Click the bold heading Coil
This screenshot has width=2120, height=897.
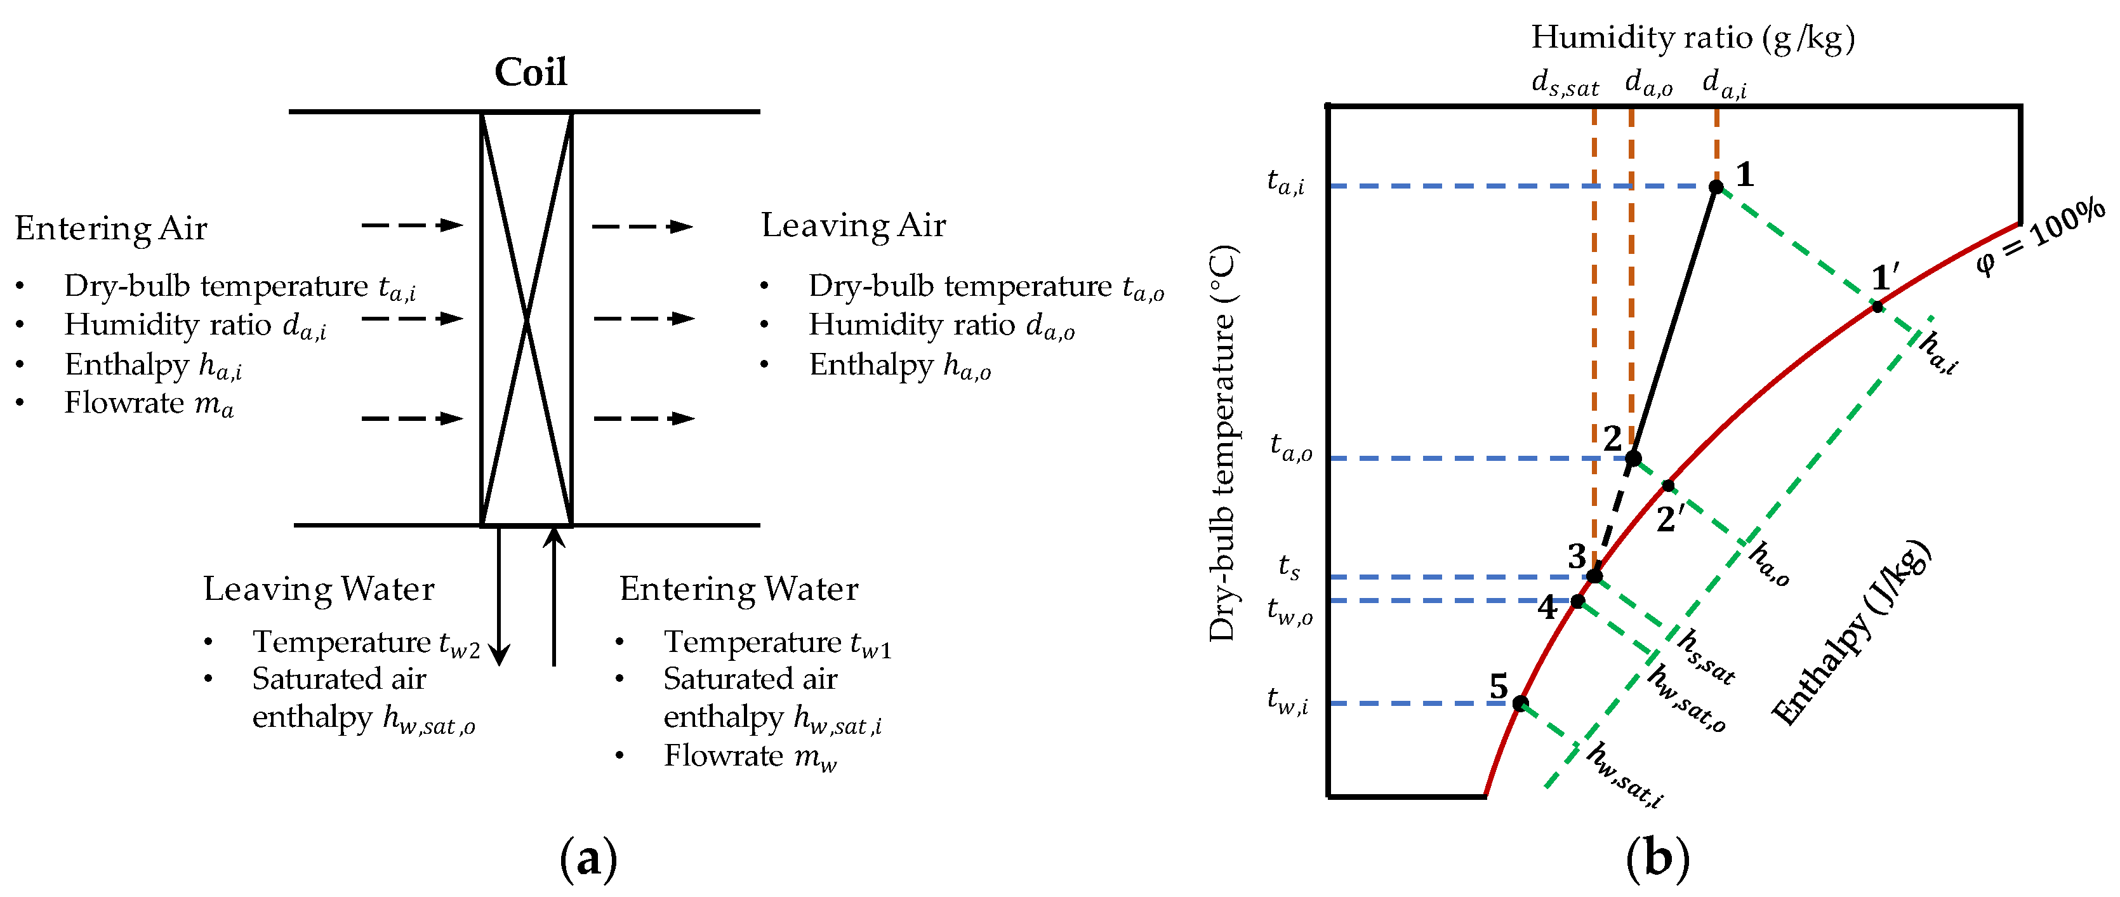tap(530, 72)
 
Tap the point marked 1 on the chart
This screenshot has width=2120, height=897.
tap(1716, 187)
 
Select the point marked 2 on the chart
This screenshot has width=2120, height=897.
tap(1633, 458)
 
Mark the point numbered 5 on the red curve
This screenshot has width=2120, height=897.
tap(1521, 703)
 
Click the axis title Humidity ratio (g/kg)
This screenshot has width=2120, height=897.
tap(1693, 38)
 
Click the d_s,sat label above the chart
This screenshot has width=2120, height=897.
tap(1565, 84)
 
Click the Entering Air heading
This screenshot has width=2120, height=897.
tap(111, 229)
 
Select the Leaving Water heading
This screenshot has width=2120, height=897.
tap(319, 589)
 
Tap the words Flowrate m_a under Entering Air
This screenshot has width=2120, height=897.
tap(149, 404)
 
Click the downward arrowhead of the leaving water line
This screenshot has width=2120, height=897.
tap(499, 656)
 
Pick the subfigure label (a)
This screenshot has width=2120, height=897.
tap(588, 859)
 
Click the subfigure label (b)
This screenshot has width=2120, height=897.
tap(1657, 859)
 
